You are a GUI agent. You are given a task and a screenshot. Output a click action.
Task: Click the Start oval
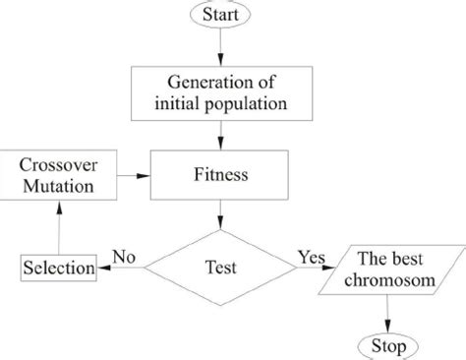pos(227,15)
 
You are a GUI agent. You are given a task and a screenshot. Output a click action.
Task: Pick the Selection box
pos(59,268)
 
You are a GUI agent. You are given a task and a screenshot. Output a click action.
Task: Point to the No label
pos(124,256)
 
